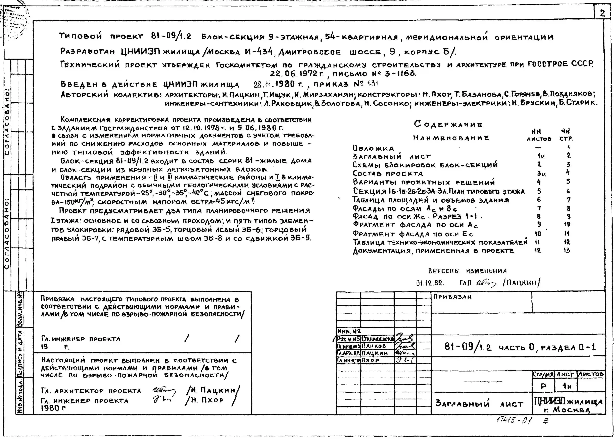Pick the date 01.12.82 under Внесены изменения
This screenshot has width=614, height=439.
pos(430,283)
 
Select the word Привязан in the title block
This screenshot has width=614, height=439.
pos(452,297)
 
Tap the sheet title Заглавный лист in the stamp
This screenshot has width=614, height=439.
pos(479,404)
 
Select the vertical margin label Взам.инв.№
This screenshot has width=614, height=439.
pos(19,310)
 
